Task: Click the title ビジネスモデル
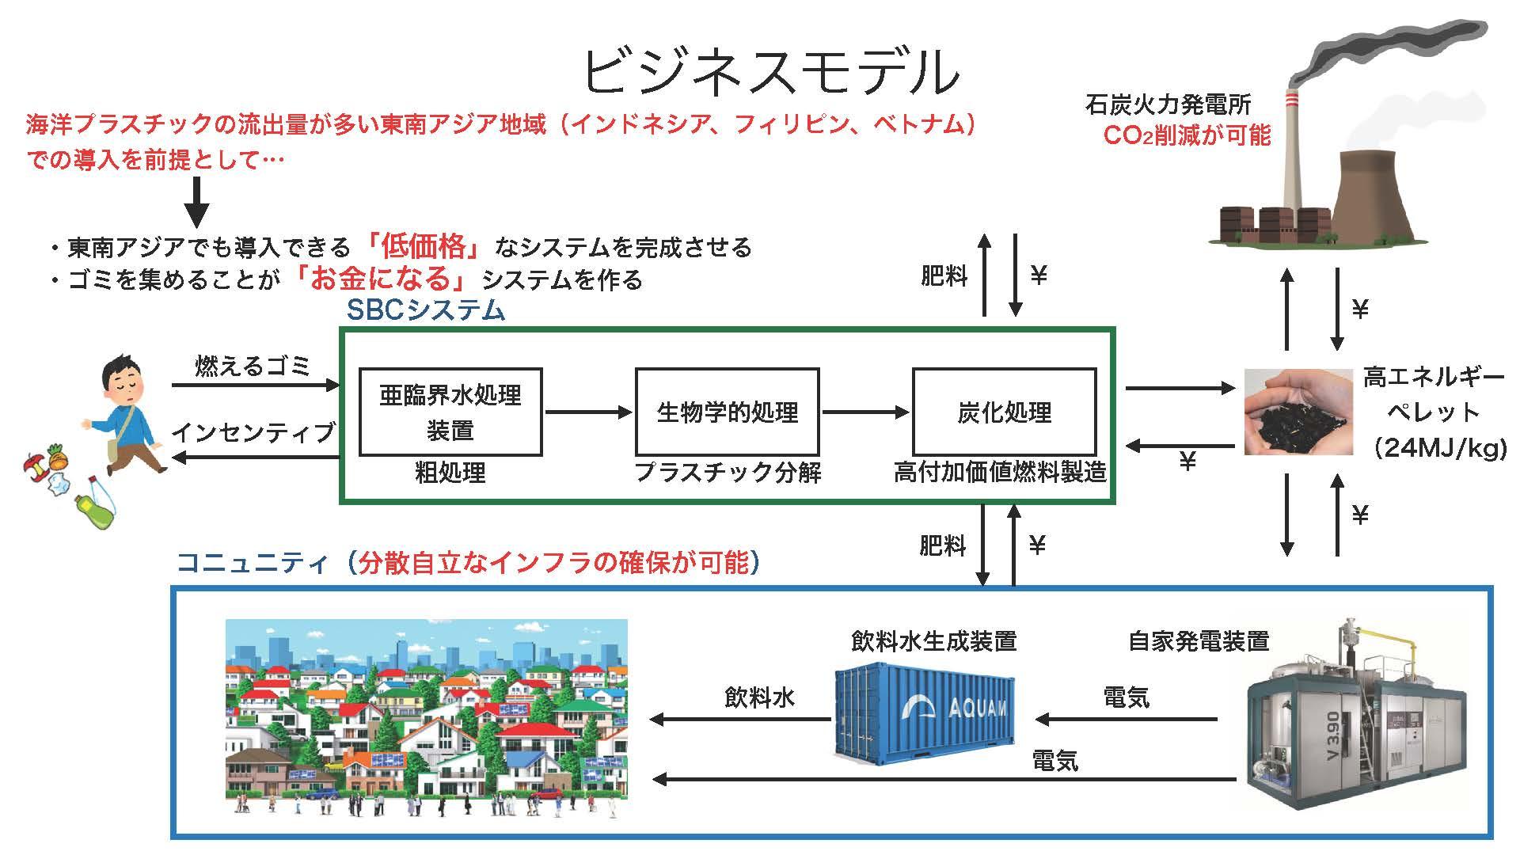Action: coord(771,74)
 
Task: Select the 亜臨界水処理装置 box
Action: coord(450,412)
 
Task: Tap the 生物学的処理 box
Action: coord(727,412)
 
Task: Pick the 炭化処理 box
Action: coord(1004,412)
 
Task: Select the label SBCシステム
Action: coord(425,311)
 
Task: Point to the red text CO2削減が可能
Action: coord(1186,136)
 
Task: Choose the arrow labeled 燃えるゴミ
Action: coord(255,386)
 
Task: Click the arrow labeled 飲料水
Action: coord(740,719)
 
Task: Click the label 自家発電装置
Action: coord(1198,641)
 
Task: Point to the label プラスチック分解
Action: coord(728,473)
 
